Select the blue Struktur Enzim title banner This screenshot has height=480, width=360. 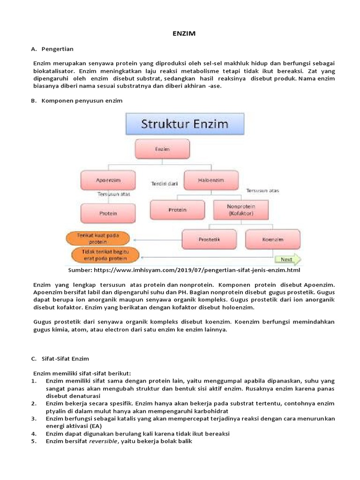185,124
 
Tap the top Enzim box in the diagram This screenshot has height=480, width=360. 162,149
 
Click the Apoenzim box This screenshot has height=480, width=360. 108,180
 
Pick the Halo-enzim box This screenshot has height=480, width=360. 211,180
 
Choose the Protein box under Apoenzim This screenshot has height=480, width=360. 108,213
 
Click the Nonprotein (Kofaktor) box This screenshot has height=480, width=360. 241,210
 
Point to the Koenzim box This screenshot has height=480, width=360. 272,239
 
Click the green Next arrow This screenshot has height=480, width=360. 287,259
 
